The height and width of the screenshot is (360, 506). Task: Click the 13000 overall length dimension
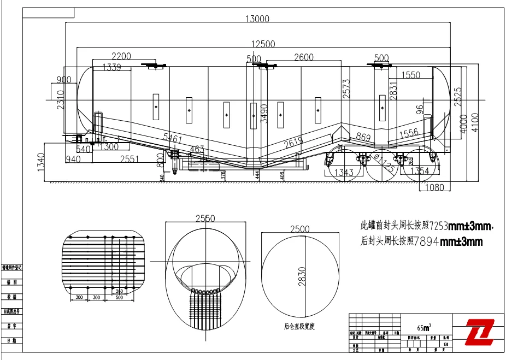pyautogui.click(x=257, y=19)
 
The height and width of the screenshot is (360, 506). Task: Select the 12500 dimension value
pyautogui.click(x=263, y=44)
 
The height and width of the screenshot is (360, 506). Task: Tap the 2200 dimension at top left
pyautogui.click(x=122, y=56)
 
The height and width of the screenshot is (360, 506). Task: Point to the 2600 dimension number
pyautogui.click(x=304, y=57)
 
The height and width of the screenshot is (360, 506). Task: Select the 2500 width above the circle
pyautogui.click(x=300, y=229)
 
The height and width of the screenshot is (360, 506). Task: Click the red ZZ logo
pyautogui.click(x=479, y=332)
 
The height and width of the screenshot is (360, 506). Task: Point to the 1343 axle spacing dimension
pyautogui.click(x=344, y=172)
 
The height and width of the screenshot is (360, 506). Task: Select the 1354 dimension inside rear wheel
pyautogui.click(x=419, y=171)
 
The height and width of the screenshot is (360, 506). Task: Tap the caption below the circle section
pyautogui.click(x=299, y=327)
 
